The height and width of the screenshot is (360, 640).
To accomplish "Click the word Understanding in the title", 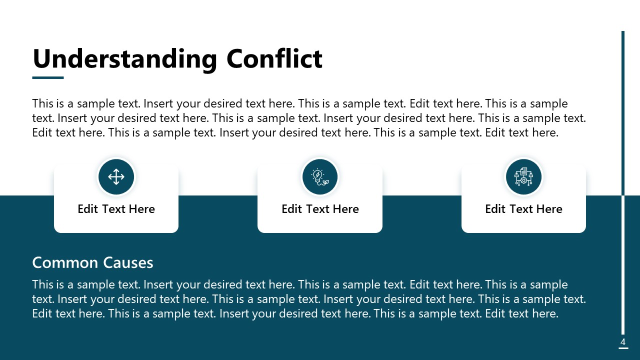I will coord(124,59).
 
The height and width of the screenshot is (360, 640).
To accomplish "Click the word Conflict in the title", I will coord(274,58).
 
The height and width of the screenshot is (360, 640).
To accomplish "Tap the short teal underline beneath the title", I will coord(48,77).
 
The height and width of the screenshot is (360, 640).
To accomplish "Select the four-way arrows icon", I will coord(116,176).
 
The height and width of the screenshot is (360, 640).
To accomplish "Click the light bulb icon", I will coord(319,176).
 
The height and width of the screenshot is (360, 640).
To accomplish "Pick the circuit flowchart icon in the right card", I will coord(523,176).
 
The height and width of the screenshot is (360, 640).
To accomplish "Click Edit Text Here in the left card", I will coord(116,209).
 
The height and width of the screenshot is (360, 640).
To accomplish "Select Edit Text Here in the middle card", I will coord(320,209).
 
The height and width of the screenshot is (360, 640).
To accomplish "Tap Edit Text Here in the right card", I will coord(523,209).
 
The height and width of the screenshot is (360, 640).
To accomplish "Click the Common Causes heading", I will coord(92,262).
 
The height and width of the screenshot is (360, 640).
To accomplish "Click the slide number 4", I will coord(623,342).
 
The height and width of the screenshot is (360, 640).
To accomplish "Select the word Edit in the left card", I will coord(87,209).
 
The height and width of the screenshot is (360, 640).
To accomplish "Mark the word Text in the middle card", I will coord(318,209).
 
